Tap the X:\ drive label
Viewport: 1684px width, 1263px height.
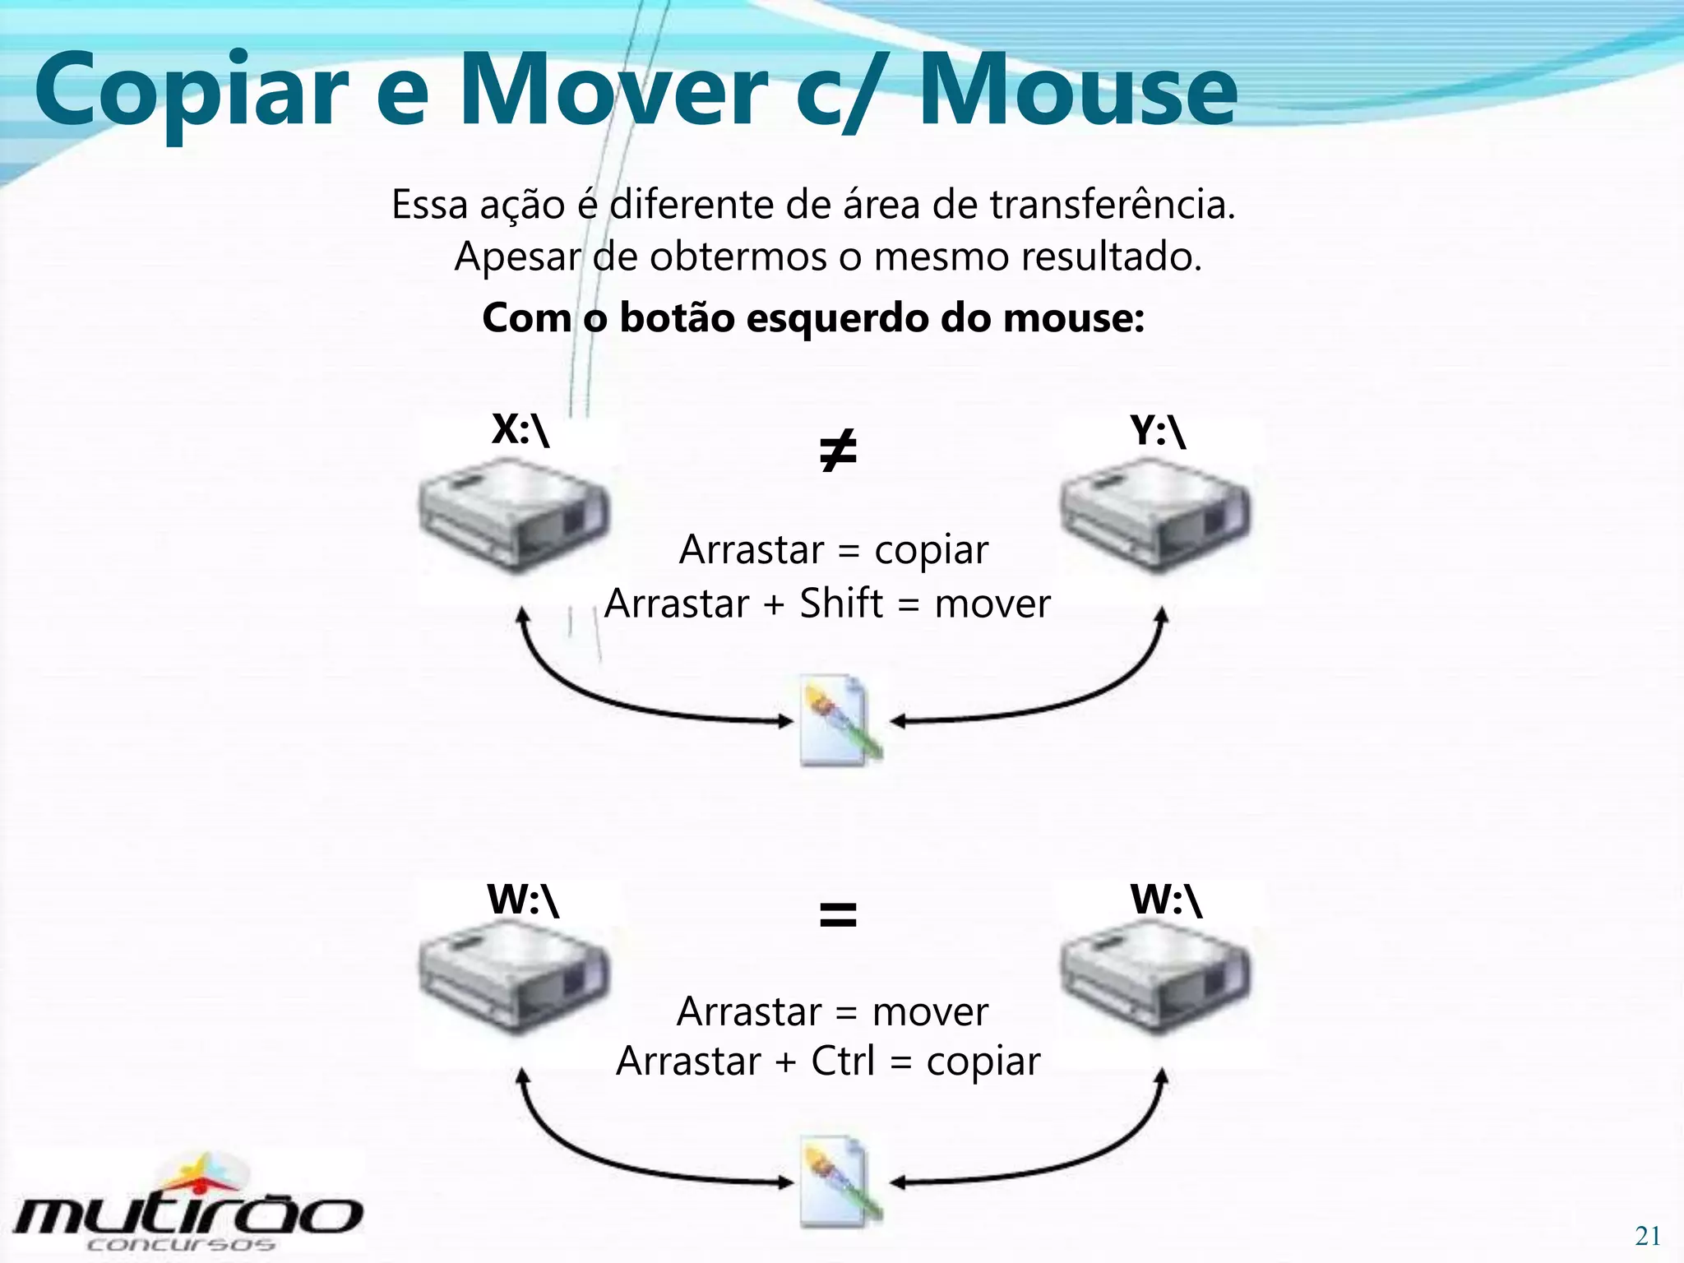point(520,429)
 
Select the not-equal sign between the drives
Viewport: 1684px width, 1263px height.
point(838,451)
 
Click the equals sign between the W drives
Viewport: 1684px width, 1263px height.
point(838,914)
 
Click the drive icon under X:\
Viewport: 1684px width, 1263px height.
point(515,515)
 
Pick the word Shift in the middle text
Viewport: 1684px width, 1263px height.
point(841,604)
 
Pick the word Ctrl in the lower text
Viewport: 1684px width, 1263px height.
point(842,1061)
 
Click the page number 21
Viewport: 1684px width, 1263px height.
point(1647,1236)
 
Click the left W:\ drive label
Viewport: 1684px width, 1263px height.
point(523,900)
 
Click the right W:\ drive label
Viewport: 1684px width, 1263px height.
point(1166,900)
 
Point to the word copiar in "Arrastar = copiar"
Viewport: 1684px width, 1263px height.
point(931,551)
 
